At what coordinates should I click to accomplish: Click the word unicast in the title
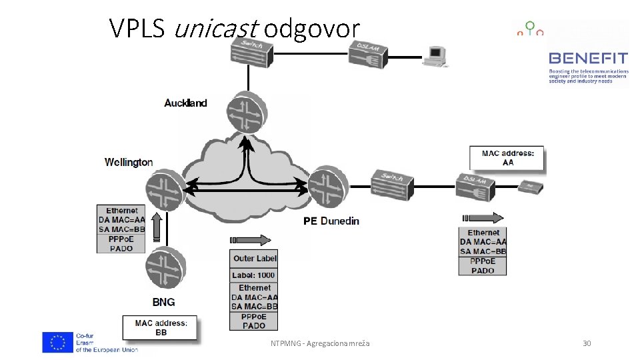pyautogui.click(x=216, y=28)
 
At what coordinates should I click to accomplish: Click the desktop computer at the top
pyautogui.click(x=437, y=56)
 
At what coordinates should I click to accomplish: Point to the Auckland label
pyautogui.click(x=185, y=103)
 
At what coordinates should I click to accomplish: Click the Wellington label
pyautogui.click(x=129, y=162)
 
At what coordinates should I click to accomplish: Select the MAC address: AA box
pyautogui.click(x=508, y=158)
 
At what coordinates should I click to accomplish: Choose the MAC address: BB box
pyautogui.click(x=161, y=327)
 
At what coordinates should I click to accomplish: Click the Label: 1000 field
pyautogui.click(x=253, y=275)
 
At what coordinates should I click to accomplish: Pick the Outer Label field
pyautogui.click(x=253, y=259)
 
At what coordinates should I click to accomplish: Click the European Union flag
pyautogui.click(x=57, y=342)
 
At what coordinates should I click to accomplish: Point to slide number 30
pyautogui.click(x=587, y=343)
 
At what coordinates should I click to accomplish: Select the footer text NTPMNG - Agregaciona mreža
pyautogui.click(x=320, y=343)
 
